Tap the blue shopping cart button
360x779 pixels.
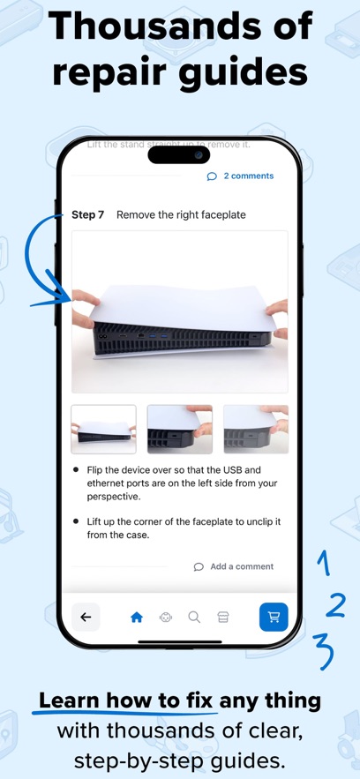point(274,617)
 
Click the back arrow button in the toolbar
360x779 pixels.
point(86,617)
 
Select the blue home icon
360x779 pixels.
point(137,618)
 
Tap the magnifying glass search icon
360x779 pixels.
point(194,618)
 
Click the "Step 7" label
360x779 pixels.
point(88,214)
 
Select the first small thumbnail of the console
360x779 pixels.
point(103,430)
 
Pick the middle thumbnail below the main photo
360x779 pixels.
point(179,430)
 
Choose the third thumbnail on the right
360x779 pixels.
point(256,430)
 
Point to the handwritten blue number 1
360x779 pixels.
point(324,563)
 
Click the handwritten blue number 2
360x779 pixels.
point(335,604)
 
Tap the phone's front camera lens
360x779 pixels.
point(199,154)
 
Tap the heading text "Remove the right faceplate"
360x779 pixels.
point(181,214)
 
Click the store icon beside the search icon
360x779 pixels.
point(222,618)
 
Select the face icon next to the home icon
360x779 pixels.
point(166,618)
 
